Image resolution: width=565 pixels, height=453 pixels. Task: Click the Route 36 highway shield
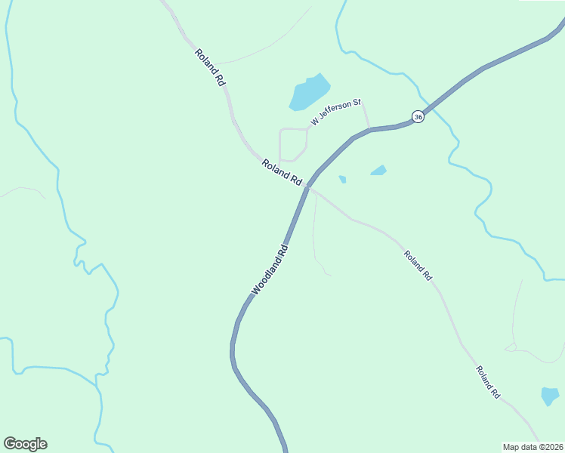click(418, 116)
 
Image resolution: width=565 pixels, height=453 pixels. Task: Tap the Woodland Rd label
click(270, 270)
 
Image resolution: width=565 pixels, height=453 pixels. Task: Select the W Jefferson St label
click(336, 112)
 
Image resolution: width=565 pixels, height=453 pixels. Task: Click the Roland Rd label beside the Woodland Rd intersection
click(282, 172)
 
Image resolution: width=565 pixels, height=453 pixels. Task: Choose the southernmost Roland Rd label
click(488, 382)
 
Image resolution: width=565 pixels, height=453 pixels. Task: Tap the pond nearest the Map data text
click(550, 396)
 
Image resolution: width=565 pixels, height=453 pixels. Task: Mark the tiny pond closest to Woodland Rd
click(342, 179)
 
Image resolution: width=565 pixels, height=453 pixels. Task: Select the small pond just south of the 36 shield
click(378, 171)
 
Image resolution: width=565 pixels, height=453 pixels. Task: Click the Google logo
click(25, 443)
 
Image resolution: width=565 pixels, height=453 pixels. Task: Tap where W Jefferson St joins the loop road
click(307, 128)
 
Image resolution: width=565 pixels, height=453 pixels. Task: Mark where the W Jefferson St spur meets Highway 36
click(369, 129)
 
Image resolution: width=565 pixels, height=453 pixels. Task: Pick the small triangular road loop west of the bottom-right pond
click(511, 348)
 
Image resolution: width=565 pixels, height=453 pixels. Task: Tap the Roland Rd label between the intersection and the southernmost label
click(417, 266)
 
